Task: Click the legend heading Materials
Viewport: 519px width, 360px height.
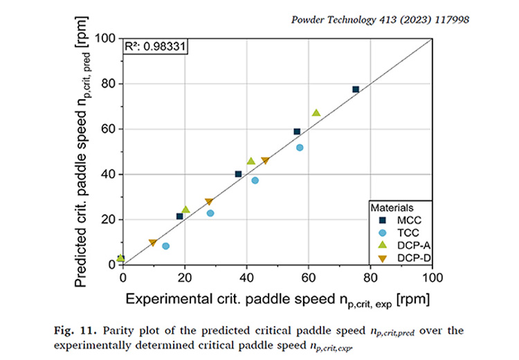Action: [392, 207]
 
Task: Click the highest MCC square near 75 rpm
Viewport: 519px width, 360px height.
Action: [356, 89]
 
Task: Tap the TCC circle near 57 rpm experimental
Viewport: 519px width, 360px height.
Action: [300, 147]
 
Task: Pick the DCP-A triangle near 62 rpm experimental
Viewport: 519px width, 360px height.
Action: [316, 113]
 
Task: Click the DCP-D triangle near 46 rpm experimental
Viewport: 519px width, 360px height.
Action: [265, 161]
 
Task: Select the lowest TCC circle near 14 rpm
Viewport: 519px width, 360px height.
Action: [165, 246]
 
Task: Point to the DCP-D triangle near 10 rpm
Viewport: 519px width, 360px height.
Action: [153, 243]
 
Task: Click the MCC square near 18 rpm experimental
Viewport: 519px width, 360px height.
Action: [180, 217]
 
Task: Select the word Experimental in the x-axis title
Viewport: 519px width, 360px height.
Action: [165, 300]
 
